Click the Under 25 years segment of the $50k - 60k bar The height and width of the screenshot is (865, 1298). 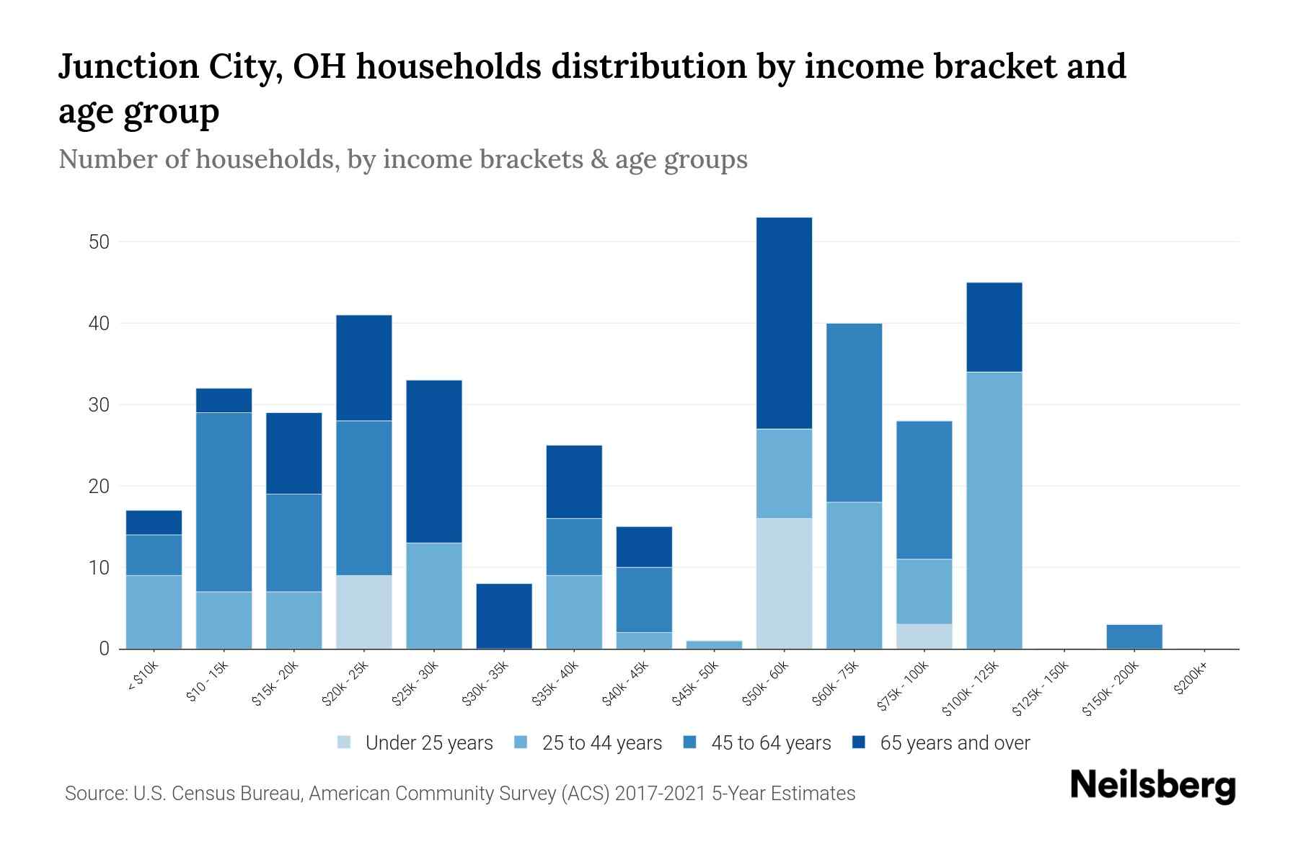(x=784, y=583)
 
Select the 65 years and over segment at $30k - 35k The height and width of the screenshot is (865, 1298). (x=504, y=616)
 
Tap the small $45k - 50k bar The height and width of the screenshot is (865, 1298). (x=714, y=644)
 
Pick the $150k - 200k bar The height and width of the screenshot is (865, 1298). (x=1134, y=636)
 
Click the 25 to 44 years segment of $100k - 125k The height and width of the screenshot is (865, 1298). (x=994, y=510)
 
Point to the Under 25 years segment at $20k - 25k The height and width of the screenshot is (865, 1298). (x=363, y=612)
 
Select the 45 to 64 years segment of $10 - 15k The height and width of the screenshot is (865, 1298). (x=224, y=502)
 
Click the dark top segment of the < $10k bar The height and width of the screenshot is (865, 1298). (x=154, y=523)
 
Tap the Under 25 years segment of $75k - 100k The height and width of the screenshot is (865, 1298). (x=924, y=636)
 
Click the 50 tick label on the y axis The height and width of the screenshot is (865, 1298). (x=99, y=242)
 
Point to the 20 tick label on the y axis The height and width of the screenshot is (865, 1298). (x=99, y=487)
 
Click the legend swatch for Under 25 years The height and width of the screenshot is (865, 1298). (x=345, y=742)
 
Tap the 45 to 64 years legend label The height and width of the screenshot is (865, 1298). (x=771, y=743)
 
